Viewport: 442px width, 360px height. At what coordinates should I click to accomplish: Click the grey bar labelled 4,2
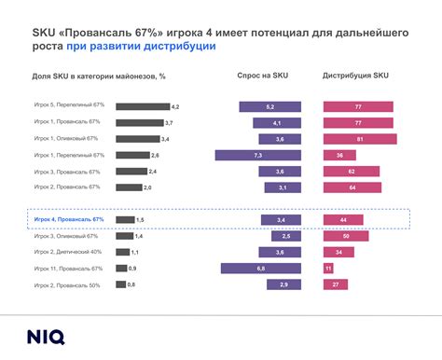point(142,107)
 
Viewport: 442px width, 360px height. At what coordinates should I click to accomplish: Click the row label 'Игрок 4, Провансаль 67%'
point(69,219)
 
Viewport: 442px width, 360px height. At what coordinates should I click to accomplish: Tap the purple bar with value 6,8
point(260,269)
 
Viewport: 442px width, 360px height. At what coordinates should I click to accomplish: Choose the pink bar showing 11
point(328,269)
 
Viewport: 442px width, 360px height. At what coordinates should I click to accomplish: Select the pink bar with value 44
point(342,219)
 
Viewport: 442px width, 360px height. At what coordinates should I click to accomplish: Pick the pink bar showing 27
point(335,284)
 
